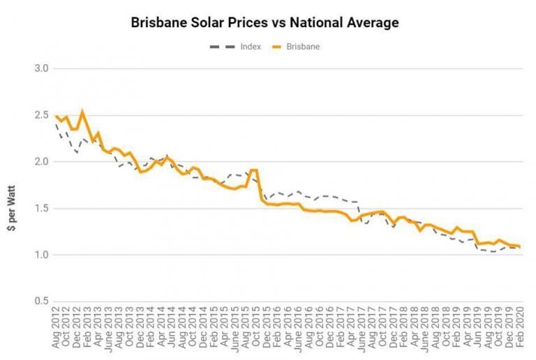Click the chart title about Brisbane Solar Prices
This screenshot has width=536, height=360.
[265, 22]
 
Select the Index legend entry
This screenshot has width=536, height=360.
[234, 47]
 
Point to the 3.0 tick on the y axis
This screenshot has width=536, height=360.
[42, 68]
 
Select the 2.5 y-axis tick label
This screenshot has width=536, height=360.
[42, 115]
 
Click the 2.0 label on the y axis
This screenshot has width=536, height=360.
[42, 162]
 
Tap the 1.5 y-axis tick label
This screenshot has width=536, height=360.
[42, 208]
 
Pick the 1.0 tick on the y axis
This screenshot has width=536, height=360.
[42, 255]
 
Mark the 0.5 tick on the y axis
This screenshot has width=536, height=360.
[42, 301]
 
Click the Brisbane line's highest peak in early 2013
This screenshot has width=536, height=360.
[82, 111]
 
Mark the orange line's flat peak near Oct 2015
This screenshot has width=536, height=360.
[253, 170]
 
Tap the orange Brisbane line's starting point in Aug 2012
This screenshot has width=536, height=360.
[56, 116]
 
